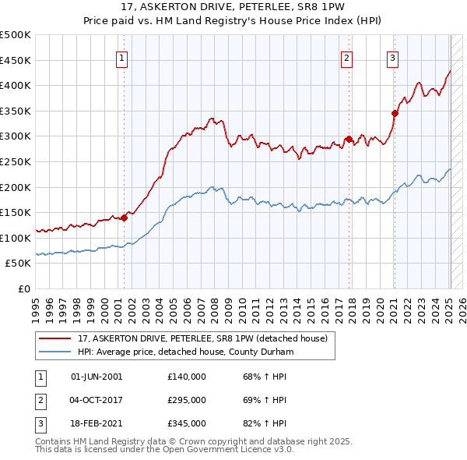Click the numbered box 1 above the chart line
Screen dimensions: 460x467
point(123,57)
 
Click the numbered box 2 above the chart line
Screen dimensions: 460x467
point(346,57)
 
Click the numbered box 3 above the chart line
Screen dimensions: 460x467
point(393,57)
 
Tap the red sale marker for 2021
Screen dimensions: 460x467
point(395,113)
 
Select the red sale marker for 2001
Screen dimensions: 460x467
point(124,218)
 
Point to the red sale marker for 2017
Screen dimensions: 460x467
point(349,139)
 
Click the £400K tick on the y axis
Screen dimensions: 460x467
point(16,86)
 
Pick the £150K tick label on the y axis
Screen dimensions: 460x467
point(16,212)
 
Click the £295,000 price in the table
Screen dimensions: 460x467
point(187,400)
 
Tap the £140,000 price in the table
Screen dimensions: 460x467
point(187,377)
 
